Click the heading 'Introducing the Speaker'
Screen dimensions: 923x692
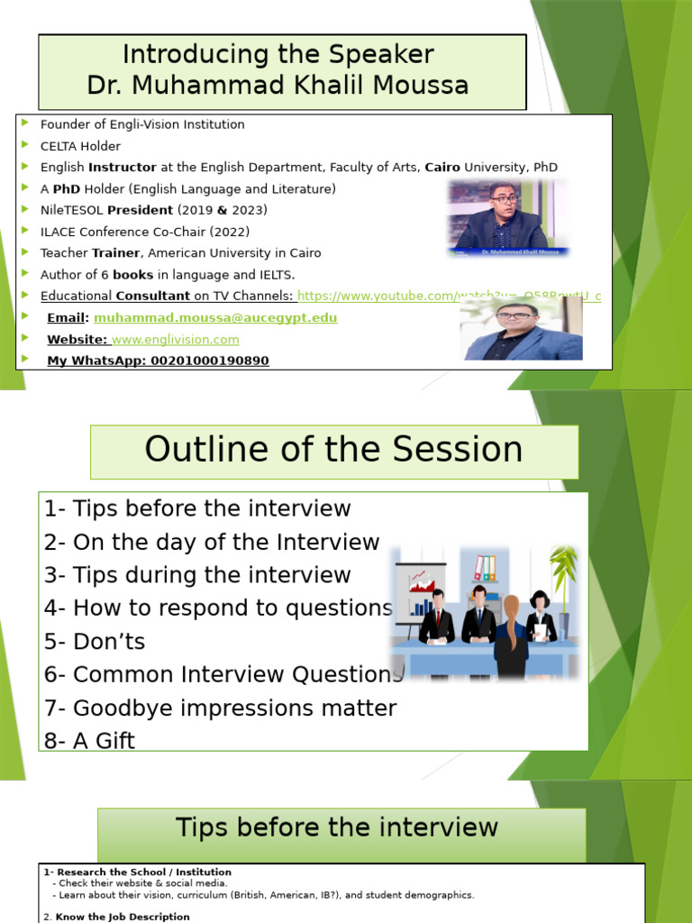point(278,55)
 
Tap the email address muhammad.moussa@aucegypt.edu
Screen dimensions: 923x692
point(215,318)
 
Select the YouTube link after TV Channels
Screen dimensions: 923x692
point(449,297)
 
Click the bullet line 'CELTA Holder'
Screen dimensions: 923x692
point(80,146)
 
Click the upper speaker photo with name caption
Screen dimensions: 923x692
point(507,217)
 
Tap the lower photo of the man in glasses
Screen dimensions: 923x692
point(521,330)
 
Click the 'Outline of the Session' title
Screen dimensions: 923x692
point(333,450)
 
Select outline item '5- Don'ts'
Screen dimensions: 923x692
point(95,642)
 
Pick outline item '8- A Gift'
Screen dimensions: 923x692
point(89,741)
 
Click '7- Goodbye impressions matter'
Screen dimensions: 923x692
point(221,708)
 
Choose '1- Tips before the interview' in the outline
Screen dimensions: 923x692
point(197,509)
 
